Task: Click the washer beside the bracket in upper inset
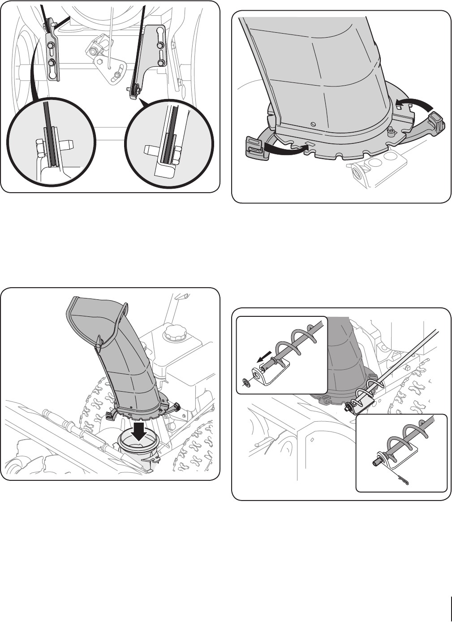[245, 382]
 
